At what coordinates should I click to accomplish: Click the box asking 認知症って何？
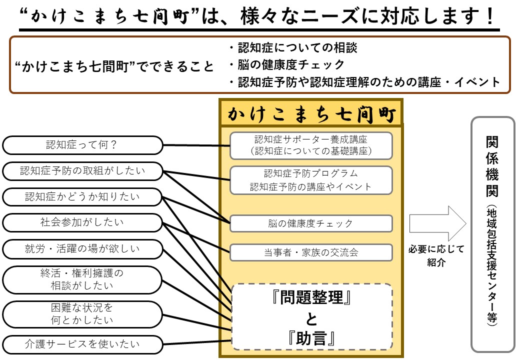pyautogui.click(x=82, y=145)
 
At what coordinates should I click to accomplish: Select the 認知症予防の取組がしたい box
pyautogui.click(x=82, y=171)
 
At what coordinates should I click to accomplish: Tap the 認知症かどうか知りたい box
pyautogui.click(x=82, y=197)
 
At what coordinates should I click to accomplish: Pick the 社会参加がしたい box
pyautogui.click(x=82, y=222)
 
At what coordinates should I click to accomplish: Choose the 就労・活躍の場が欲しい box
pyautogui.click(x=82, y=248)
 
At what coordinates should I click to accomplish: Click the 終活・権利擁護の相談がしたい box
pyautogui.click(x=82, y=279)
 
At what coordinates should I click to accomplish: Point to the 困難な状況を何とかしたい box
pyautogui.click(x=82, y=313)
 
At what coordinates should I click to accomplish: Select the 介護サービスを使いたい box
pyautogui.click(x=82, y=344)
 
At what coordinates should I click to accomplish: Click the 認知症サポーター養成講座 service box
pyautogui.click(x=311, y=145)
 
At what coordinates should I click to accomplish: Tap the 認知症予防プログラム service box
pyautogui.click(x=311, y=180)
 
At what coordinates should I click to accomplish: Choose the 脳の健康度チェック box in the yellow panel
pyautogui.click(x=311, y=223)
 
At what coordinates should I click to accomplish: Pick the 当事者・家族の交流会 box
pyautogui.click(x=311, y=252)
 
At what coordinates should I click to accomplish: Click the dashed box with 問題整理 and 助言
pyautogui.click(x=311, y=316)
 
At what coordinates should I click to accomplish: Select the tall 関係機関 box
pyautogui.click(x=492, y=233)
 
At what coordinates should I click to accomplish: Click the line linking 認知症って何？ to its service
pyautogui.click(x=196, y=146)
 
